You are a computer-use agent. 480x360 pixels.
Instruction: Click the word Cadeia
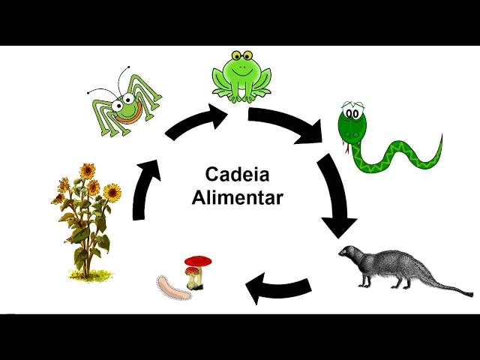237,174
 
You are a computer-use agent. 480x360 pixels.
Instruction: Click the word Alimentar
237,197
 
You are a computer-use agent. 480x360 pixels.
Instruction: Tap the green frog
240,75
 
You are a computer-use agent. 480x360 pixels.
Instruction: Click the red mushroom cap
198,262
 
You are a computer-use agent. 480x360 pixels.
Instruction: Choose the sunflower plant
85,217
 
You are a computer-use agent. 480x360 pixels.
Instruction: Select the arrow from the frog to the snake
288,123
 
